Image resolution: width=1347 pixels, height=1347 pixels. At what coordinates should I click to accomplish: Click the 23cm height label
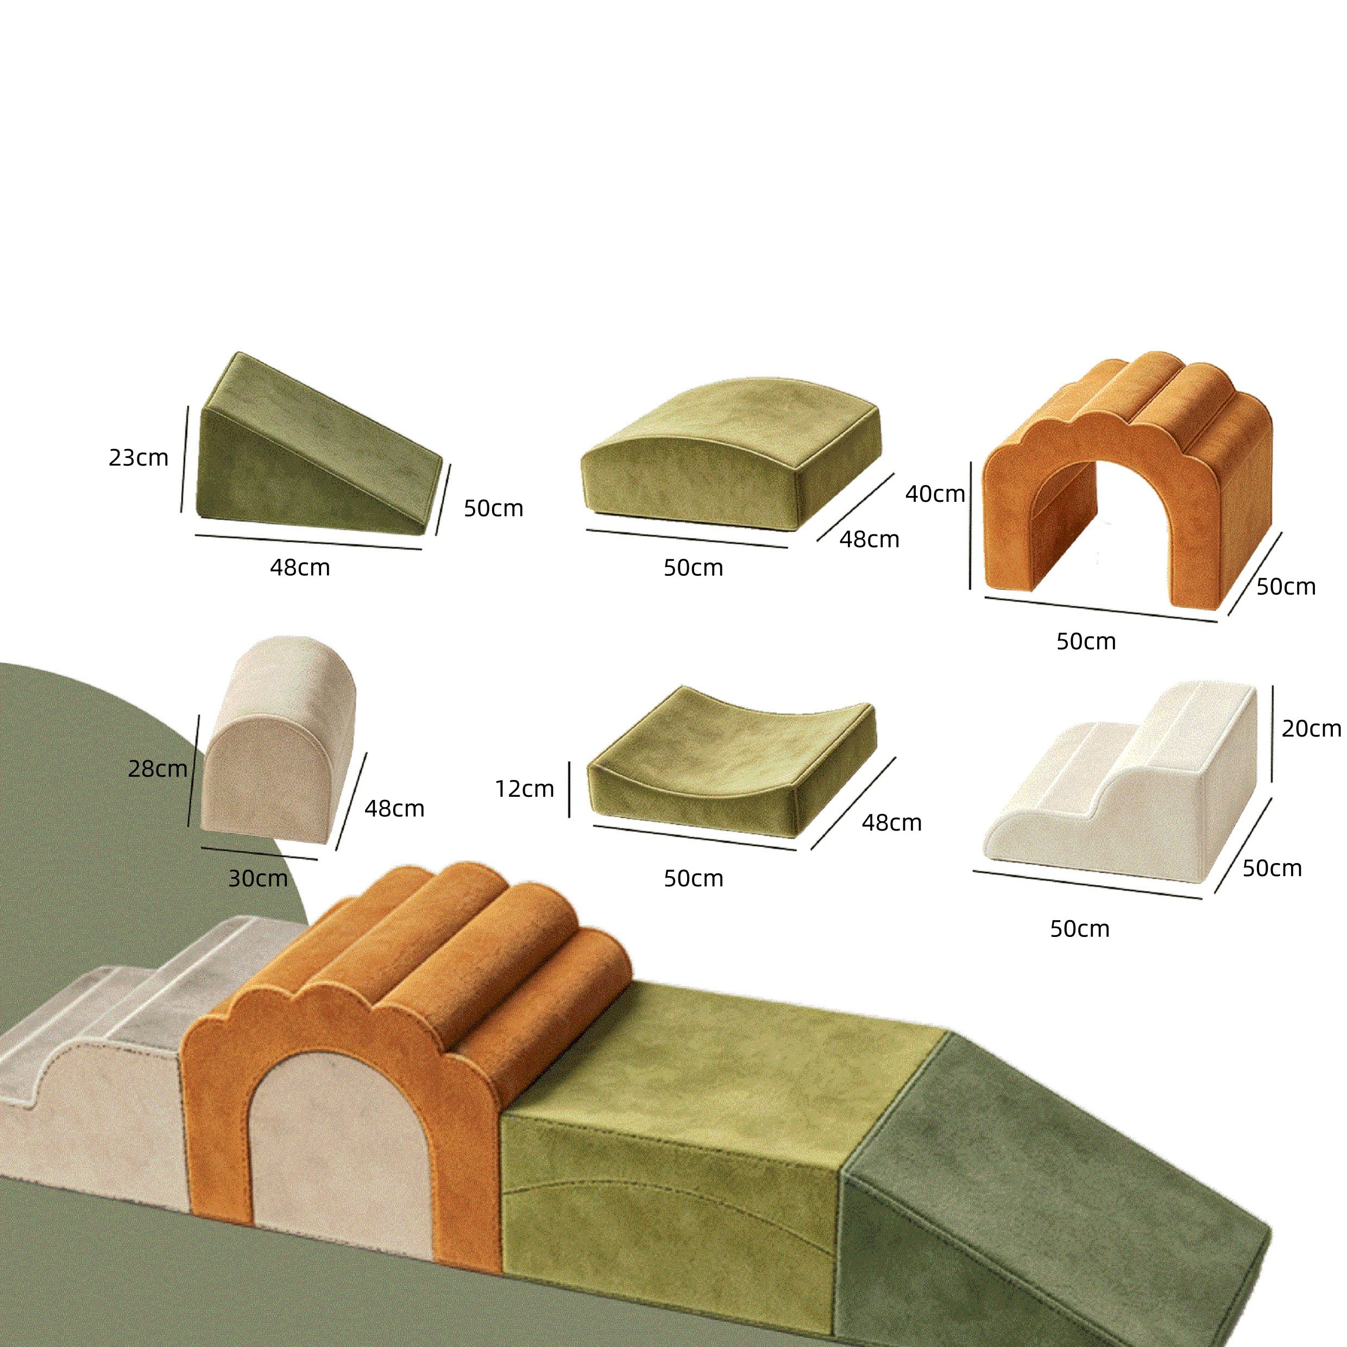138,458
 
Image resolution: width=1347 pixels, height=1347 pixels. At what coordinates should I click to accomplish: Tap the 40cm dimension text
935,494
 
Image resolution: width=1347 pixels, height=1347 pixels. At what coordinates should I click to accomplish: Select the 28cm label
158,769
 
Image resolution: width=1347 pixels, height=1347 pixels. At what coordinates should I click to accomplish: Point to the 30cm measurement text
258,878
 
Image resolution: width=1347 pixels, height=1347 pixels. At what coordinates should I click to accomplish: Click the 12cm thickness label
524,789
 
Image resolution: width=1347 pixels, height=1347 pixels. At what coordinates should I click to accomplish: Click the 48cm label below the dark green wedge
300,568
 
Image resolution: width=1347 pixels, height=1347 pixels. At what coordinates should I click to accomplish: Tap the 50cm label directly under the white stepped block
1079,929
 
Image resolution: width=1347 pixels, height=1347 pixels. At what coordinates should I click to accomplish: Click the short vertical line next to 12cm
569,789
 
